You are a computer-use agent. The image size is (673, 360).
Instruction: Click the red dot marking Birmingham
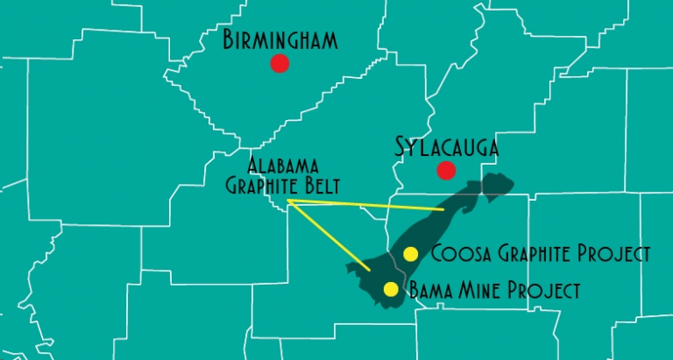[x=280, y=63]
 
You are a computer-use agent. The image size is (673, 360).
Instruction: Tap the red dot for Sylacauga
[x=447, y=170]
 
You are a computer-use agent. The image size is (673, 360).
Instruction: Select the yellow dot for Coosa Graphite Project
[x=410, y=254]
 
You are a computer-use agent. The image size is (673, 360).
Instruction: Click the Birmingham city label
[x=280, y=39]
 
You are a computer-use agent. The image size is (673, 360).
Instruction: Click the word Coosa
[x=456, y=254]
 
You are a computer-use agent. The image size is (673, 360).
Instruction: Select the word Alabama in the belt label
[x=282, y=166]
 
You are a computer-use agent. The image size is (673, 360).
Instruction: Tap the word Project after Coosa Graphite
[x=617, y=254]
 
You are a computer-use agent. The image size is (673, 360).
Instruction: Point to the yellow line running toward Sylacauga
[x=368, y=206]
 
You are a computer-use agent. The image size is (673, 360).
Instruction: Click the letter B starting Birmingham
[x=230, y=39]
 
